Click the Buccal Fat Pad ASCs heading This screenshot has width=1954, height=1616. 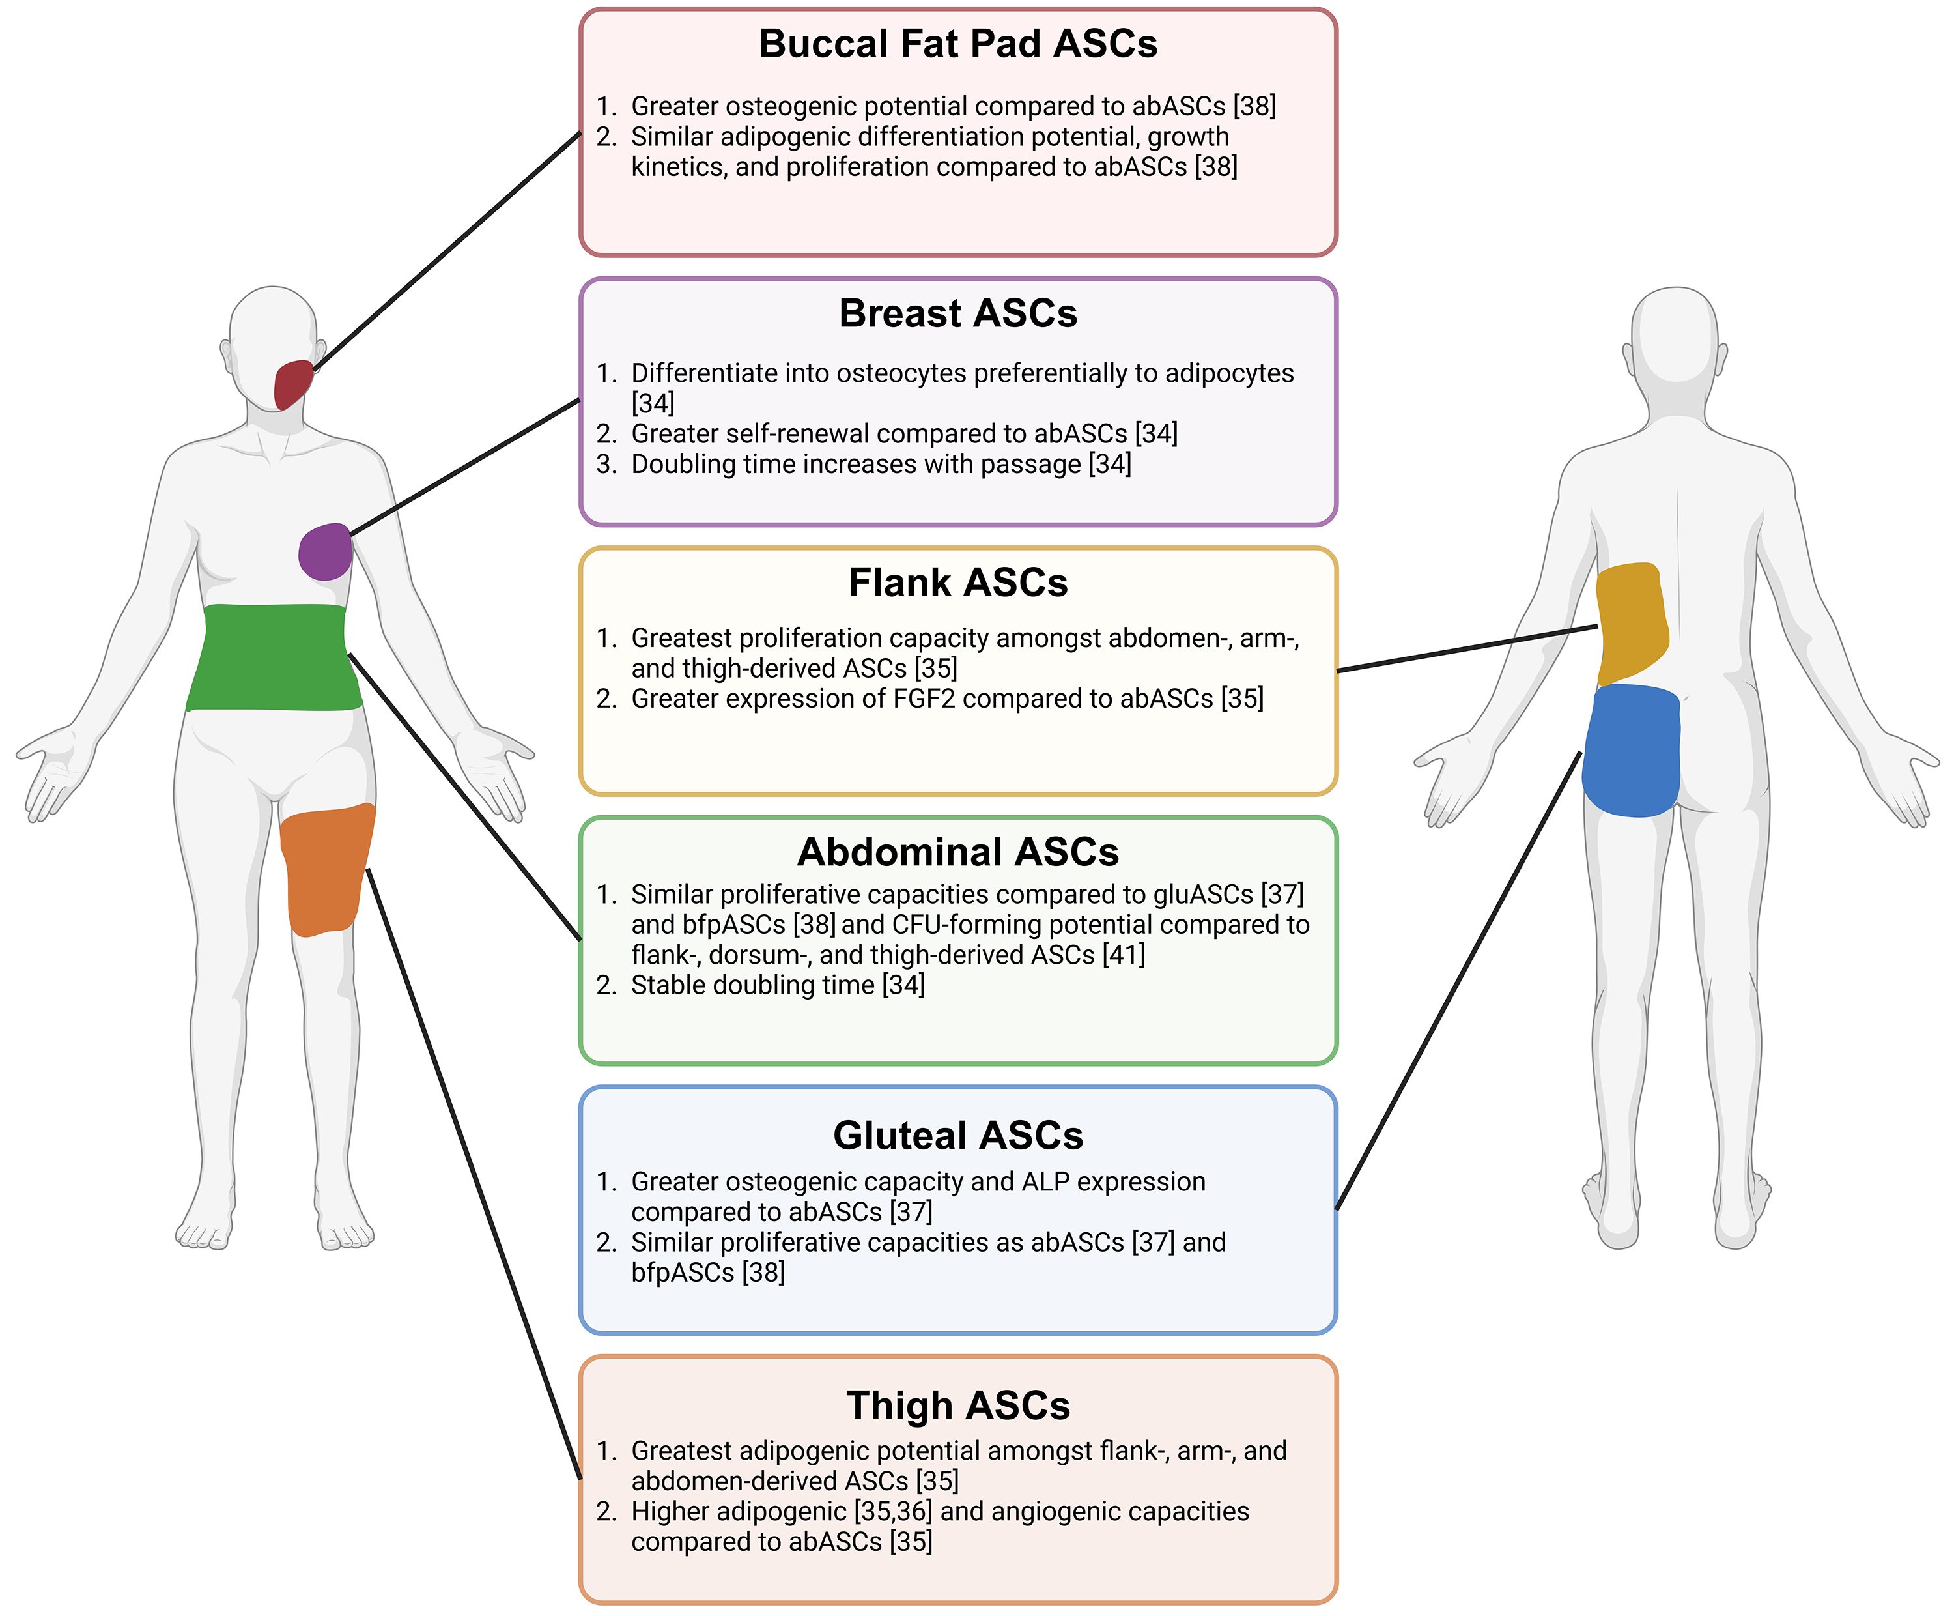[957, 44]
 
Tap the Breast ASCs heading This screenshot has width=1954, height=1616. [957, 313]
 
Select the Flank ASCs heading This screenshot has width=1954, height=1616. [957, 583]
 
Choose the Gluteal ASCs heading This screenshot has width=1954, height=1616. [957, 1136]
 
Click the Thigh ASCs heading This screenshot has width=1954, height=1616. [957, 1406]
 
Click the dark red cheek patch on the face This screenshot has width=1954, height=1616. [292, 384]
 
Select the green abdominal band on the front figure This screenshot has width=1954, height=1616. [274, 657]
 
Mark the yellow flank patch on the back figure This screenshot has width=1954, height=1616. [1631, 622]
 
